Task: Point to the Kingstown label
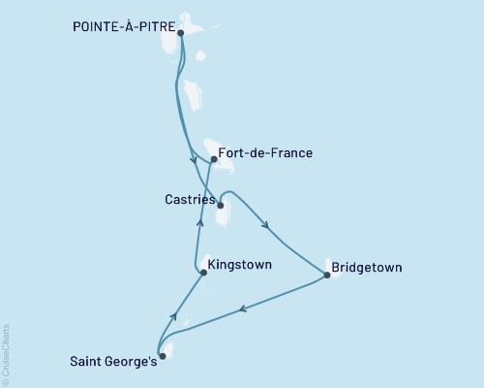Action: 239,265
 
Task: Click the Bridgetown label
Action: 366,267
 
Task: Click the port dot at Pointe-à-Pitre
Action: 181,33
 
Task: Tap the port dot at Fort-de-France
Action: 214,159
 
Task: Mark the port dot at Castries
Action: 221,205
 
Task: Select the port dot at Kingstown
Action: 202,274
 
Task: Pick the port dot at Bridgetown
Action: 327,275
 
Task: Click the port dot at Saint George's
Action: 162,356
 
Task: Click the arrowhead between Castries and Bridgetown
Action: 266,229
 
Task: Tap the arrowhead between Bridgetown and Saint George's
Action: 242,309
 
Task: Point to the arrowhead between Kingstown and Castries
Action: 199,222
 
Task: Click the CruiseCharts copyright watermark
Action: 6,354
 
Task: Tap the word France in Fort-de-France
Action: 289,153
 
